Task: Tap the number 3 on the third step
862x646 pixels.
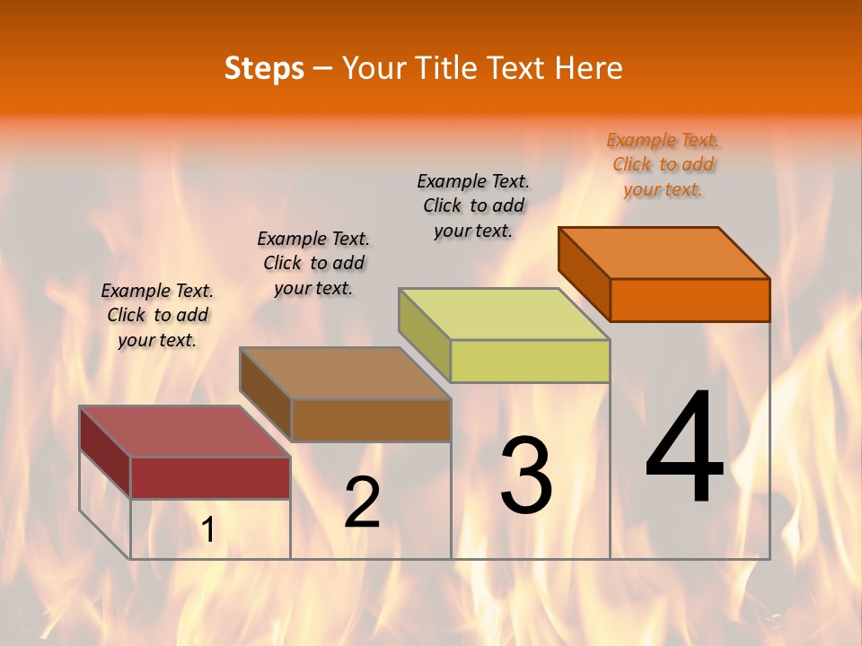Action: [x=526, y=475]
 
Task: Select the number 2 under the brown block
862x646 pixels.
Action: [x=363, y=502]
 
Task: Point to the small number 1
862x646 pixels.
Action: [x=208, y=530]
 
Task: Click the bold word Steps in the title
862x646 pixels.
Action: [x=264, y=68]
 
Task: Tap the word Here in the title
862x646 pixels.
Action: [x=588, y=68]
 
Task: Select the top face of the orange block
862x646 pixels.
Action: [x=664, y=252]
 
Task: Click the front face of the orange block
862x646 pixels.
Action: [x=690, y=300]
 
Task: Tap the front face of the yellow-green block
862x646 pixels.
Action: [x=530, y=361]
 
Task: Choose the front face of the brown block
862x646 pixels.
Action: [x=371, y=420]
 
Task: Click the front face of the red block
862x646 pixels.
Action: [x=210, y=477]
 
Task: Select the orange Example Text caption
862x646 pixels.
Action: [x=663, y=164]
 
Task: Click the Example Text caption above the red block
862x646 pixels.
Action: [x=157, y=315]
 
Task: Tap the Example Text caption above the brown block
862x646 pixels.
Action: [x=313, y=263]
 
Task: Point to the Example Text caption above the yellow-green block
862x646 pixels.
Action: [x=473, y=205]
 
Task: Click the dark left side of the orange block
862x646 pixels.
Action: [x=584, y=273]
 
